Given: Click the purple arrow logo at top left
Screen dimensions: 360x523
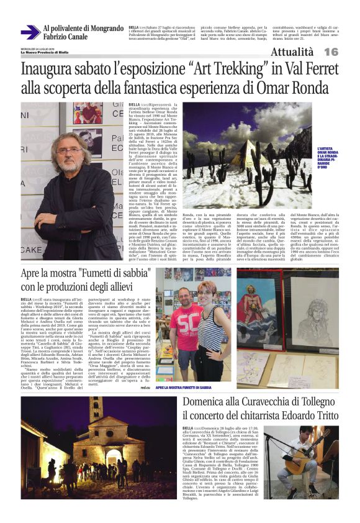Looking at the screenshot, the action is pos(30,32).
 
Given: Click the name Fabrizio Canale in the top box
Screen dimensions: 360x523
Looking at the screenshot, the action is pos(65,37).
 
